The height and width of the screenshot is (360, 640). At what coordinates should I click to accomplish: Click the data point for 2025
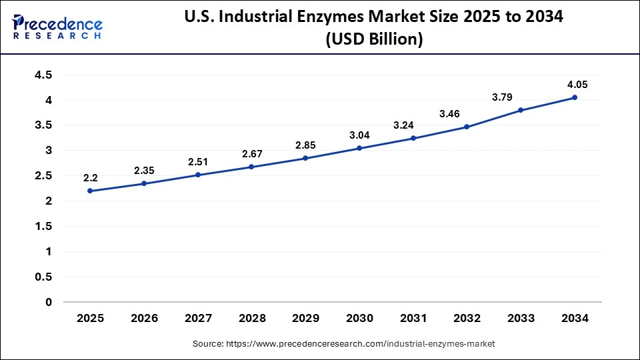coord(90,191)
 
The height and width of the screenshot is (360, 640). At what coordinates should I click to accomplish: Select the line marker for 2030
coord(359,148)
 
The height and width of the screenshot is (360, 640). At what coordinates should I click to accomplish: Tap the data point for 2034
coord(575,97)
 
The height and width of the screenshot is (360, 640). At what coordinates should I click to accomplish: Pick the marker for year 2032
coord(467,127)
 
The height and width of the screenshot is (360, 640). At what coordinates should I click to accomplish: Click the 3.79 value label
coord(503,97)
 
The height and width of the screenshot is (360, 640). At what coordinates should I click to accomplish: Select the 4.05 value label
coord(575,85)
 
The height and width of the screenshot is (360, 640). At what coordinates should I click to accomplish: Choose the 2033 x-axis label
coord(521,319)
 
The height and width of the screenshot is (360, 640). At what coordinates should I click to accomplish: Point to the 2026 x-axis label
coord(144,319)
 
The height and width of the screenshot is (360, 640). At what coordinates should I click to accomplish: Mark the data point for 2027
coord(198,175)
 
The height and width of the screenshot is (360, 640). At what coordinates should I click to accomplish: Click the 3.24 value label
coord(413,125)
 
